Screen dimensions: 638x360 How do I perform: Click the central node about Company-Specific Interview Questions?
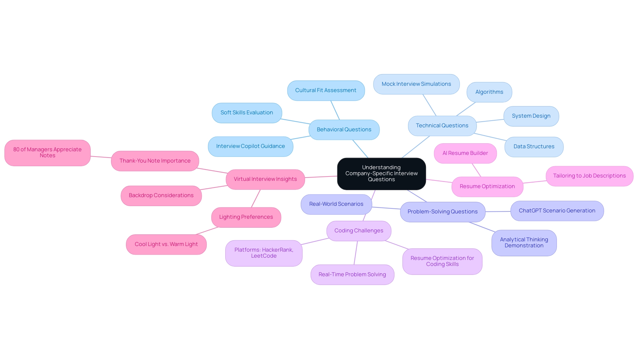[381, 174]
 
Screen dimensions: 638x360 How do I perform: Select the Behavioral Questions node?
[344, 130]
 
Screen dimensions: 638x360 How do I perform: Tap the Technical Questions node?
[442, 126]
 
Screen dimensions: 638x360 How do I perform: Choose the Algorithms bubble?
[489, 92]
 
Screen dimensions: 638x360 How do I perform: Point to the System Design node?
[531, 116]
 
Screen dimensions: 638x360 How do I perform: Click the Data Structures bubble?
[534, 147]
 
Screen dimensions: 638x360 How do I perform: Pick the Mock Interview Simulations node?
[416, 84]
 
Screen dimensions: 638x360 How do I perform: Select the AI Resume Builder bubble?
[465, 153]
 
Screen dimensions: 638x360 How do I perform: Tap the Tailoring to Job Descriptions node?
[589, 176]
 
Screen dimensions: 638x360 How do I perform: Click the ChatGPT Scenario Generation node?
[557, 211]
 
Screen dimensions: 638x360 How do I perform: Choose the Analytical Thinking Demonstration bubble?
[524, 243]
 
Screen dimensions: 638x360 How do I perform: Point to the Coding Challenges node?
[359, 231]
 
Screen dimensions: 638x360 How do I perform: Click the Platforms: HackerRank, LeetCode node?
[264, 253]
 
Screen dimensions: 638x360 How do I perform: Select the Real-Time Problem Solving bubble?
[352, 275]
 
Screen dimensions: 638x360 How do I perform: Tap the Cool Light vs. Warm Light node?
[166, 244]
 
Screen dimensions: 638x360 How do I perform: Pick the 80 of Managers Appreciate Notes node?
[47, 153]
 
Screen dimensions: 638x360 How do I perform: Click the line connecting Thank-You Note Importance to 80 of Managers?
[101, 157]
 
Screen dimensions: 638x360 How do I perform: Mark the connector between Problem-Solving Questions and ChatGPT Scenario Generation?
[498, 211]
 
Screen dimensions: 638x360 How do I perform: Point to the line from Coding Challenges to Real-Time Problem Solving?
[356, 253]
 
